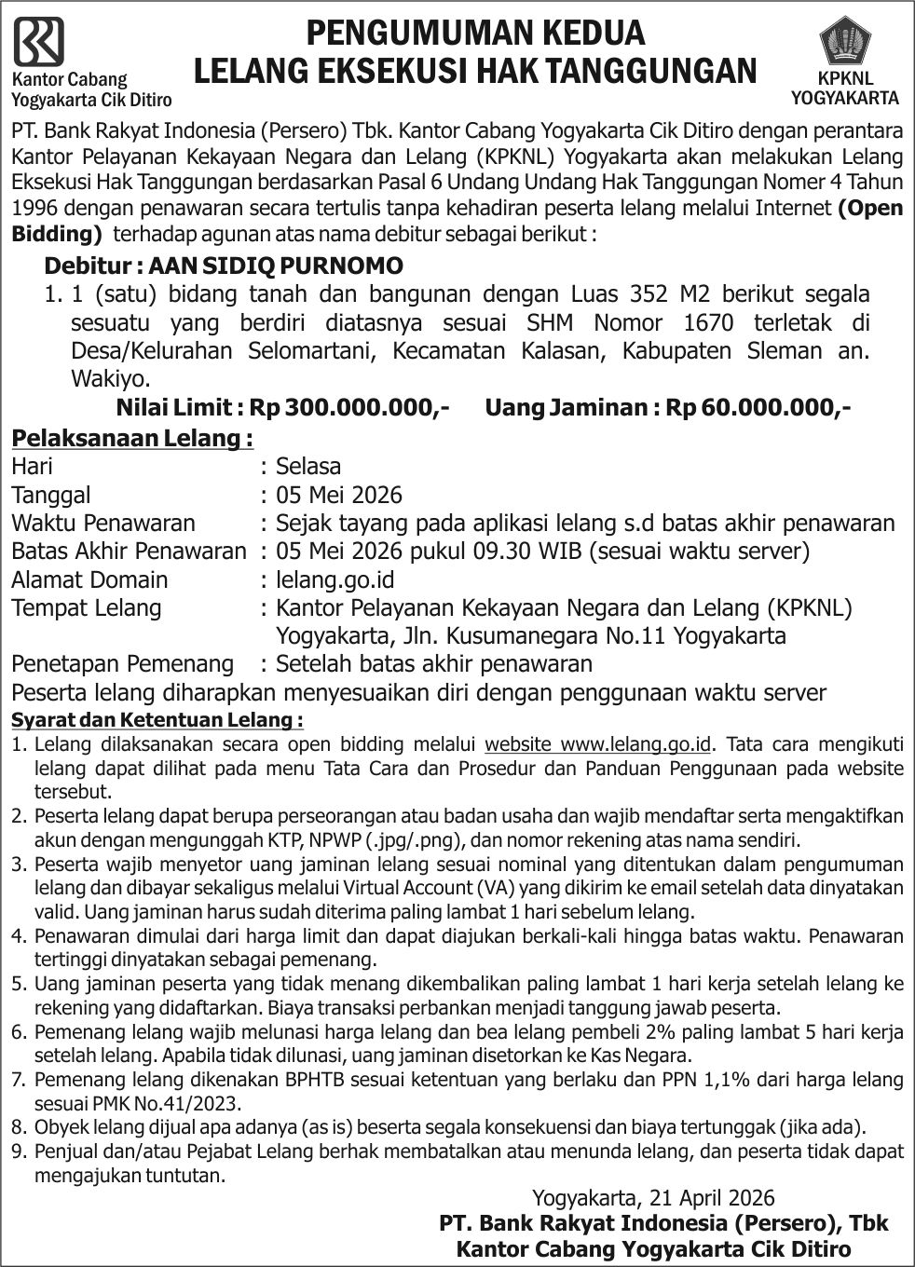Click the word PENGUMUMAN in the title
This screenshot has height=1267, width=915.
[x=410, y=33]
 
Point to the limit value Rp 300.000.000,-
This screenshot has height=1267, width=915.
[x=368, y=408]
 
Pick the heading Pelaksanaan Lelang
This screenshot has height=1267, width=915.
[x=131, y=438]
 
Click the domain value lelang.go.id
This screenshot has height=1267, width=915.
[x=335, y=579]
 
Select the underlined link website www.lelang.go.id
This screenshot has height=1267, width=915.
[x=599, y=743]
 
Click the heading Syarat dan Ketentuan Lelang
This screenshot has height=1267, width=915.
[x=157, y=720]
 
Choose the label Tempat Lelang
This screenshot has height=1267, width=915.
[x=86, y=608]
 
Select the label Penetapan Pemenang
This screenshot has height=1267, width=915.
[x=122, y=663]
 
